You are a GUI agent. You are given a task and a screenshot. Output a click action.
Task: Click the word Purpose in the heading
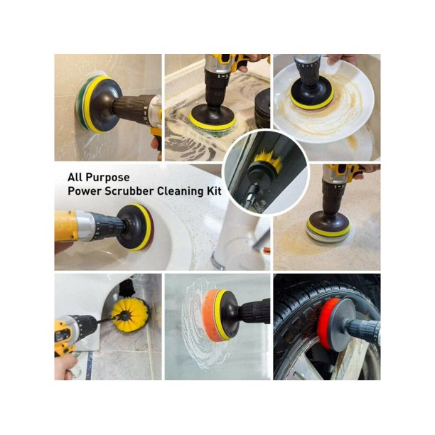click(107, 178)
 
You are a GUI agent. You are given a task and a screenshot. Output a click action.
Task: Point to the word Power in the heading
click(85, 191)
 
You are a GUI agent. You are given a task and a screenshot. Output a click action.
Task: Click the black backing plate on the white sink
click(132, 227)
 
